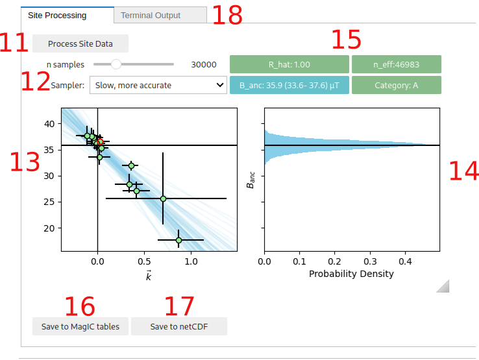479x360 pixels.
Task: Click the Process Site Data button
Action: click(x=80, y=44)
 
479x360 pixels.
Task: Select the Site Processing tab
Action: click(x=67, y=16)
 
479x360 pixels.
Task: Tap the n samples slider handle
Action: click(x=116, y=64)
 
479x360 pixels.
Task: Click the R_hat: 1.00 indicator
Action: click(x=289, y=65)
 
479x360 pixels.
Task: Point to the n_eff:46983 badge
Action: click(x=396, y=65)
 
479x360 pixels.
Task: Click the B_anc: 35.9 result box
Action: click(x=289, y=85)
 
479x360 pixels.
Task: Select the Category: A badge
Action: click(x=396, y=85)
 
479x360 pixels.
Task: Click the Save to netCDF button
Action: click(x=178, y=326)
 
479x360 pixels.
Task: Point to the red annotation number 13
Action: click(x=25, y=162)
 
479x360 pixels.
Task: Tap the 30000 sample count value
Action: click(x=204, y=65)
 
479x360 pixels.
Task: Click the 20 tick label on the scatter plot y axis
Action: click(x=50, y=228)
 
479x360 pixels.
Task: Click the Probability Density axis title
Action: click(x=351, y=274)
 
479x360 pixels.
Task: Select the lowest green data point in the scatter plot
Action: click(x=178, y=240)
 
